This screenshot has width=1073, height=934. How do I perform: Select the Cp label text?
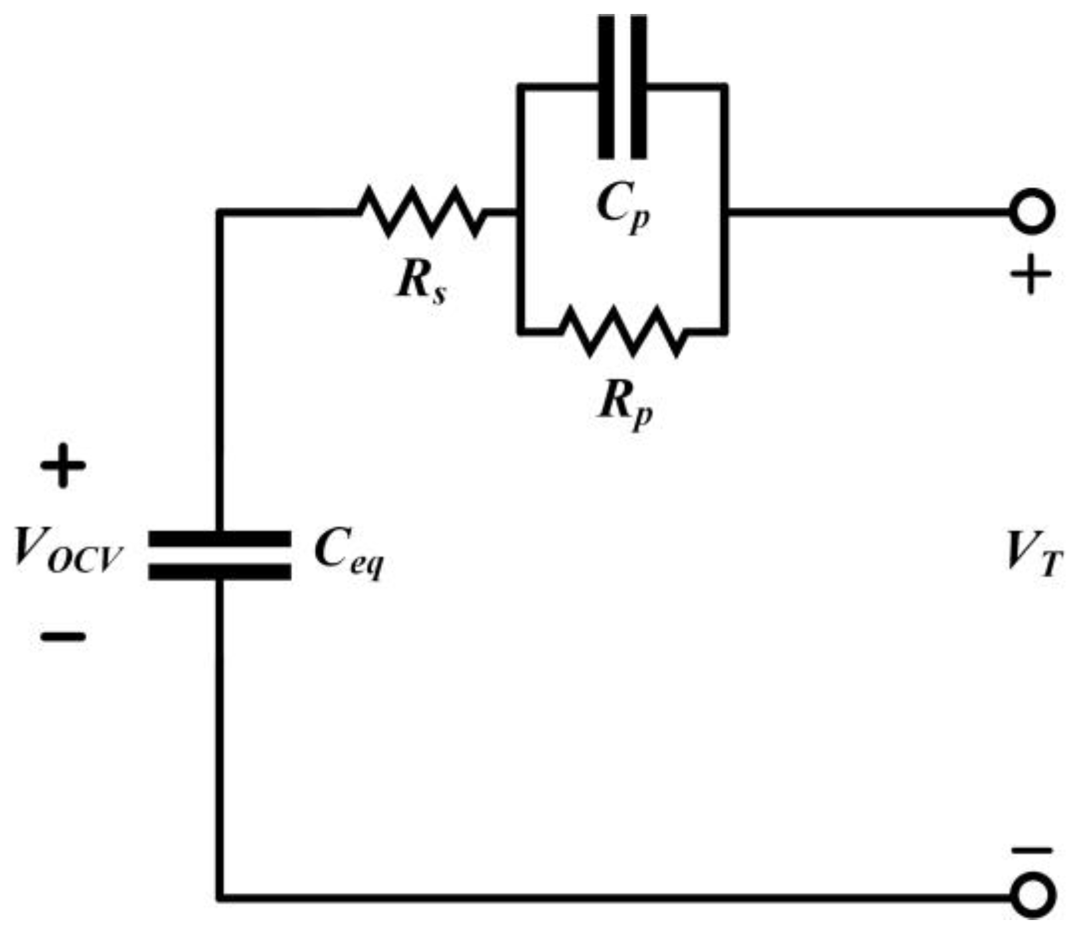(x=623, y=208)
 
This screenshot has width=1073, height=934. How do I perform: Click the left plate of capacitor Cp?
(x=606, y=86)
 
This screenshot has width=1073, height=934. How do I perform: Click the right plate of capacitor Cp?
(x=639, y=86)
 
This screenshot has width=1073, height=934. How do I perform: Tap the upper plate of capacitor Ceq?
(x=219, y=538)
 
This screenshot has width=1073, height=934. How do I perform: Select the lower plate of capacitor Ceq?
(x=219, y=572)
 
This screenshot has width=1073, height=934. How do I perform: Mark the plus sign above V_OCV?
(x=63, y=466)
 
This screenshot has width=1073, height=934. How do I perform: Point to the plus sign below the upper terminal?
(x=1031, y=274)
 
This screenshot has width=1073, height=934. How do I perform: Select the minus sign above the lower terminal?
(x=1031, y=850)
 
